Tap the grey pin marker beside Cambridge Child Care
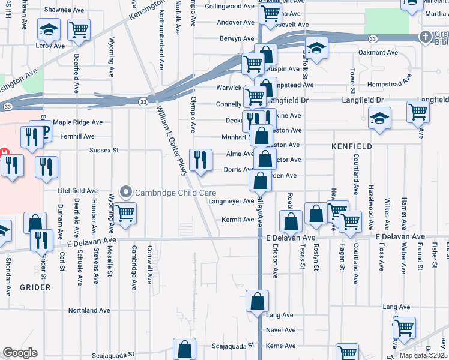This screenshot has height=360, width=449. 125,193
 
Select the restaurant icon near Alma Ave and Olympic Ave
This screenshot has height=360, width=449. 200,160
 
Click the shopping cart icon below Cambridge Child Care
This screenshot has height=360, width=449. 125,213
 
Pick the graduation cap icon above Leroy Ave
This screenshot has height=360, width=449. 48,29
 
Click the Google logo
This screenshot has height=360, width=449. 20,353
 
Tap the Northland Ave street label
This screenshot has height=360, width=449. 89,311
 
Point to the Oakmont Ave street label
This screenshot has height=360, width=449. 378,53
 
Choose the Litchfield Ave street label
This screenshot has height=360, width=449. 77,191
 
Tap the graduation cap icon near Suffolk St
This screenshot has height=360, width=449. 316,47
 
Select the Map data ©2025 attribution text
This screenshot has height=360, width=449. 424,355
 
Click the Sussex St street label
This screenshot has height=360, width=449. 104,150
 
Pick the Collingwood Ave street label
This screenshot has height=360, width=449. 230,6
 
